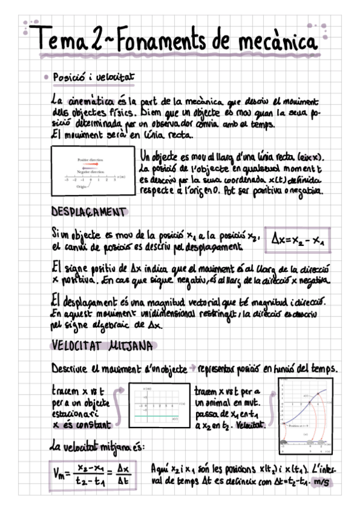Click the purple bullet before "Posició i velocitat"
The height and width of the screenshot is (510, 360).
click(x=46, y=78)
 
